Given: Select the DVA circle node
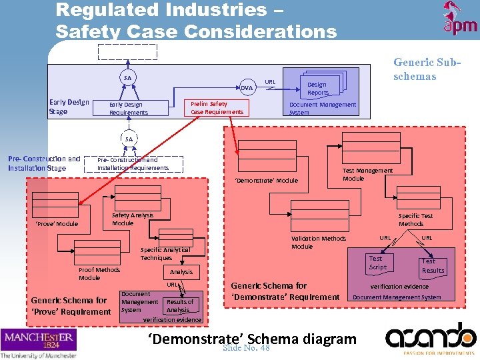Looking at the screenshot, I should click(247, 88).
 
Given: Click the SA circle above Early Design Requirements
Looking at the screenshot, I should click(127, 78).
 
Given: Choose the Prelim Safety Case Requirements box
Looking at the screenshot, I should click(217, 108).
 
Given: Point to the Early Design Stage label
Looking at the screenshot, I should click(69, 107).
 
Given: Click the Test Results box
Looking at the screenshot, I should click(433, 266).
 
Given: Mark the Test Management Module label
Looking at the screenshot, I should click(367, 174).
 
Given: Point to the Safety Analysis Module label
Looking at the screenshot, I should click(132, 219).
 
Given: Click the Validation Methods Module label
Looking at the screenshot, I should click(319, 242).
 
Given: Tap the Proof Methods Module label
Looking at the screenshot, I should click(99, 273).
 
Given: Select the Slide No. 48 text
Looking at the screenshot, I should click(246, 347).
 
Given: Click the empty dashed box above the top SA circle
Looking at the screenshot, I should click(127, 51).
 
